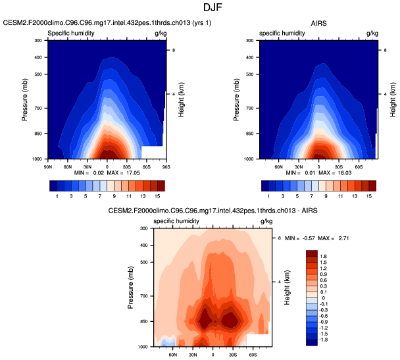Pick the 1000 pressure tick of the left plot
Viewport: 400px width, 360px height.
pos(37,159)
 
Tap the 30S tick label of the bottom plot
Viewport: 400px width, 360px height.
pos(233,353)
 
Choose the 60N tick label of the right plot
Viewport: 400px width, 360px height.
pos(279,165)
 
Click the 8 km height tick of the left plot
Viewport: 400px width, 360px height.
pos(173,50)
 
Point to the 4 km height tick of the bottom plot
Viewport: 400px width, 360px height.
pos(280,282)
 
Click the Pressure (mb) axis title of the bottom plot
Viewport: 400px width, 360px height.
pos(130,288)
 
